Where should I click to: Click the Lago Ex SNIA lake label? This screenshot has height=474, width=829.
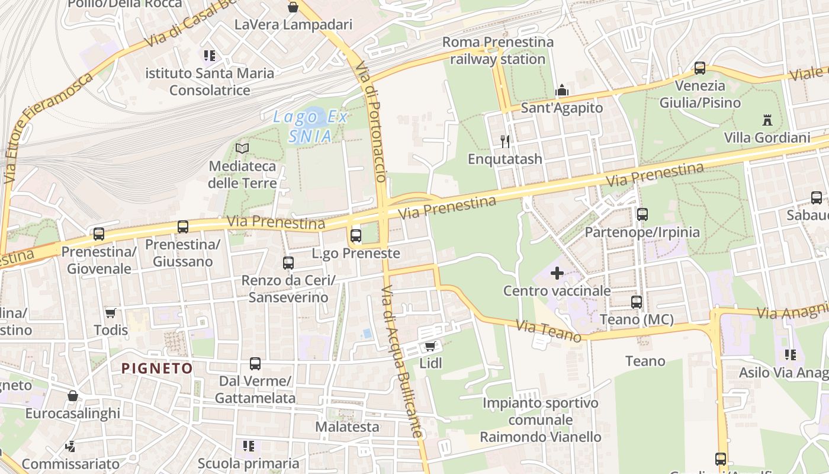point(310,126)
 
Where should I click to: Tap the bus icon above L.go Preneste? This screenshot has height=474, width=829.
point(356,235)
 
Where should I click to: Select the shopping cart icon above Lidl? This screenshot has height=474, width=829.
point(430,346)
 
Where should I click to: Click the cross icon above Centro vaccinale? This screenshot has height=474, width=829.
point(557,273)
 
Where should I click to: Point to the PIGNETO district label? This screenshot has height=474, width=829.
point(157,368)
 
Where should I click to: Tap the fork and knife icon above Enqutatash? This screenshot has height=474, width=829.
point(505,141)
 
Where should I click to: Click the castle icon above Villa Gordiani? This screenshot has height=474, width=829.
point(767,120)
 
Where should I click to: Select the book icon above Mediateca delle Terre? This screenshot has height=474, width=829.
point(242,148)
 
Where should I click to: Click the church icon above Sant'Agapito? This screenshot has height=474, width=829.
point(561,91)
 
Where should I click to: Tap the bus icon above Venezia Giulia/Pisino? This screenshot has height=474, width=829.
point(700,68)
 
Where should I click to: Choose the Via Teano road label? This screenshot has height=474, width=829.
point(548,331)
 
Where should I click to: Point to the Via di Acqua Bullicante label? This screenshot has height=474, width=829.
point(402,361)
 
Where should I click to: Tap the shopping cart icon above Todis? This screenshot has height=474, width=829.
point(110,313)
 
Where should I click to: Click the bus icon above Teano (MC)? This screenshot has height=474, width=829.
point(637,302)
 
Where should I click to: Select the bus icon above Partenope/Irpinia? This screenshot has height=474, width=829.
point(642,214)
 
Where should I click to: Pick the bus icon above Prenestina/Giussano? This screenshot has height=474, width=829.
point(183,226)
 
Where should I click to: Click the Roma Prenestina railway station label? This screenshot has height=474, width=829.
point(498,50)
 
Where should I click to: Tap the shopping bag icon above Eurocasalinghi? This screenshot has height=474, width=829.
point(72,395)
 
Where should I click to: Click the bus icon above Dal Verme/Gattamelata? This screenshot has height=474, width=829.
point(255,363)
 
